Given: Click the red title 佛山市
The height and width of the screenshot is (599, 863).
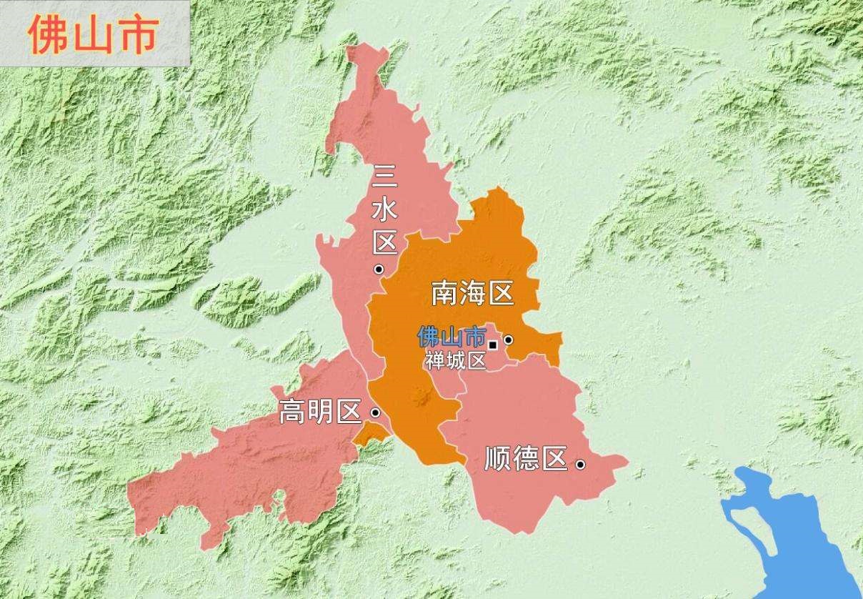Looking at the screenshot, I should tap(93, 34).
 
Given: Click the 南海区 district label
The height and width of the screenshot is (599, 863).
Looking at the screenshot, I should tap(473, 293).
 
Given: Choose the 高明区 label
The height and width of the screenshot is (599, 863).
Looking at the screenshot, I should tap(320, 412).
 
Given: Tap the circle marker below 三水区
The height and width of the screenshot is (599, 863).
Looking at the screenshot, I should tap(379, 269).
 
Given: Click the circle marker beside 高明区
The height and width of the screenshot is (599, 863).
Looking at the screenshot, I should tap(376, 412).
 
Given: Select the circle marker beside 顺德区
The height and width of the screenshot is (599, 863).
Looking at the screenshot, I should tap(581, 465).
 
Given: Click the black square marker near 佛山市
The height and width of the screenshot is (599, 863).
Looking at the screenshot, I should tap(492, 345).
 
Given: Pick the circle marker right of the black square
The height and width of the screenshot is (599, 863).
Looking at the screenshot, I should tap(508, 340).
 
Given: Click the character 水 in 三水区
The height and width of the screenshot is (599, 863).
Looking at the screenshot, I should tap(385, 209).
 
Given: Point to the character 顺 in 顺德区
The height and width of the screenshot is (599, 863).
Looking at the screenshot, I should tap(497, 459).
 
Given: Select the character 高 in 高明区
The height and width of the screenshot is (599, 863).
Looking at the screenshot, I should tap(291, 412).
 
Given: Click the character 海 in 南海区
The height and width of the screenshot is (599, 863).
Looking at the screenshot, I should tap(473, 293).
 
